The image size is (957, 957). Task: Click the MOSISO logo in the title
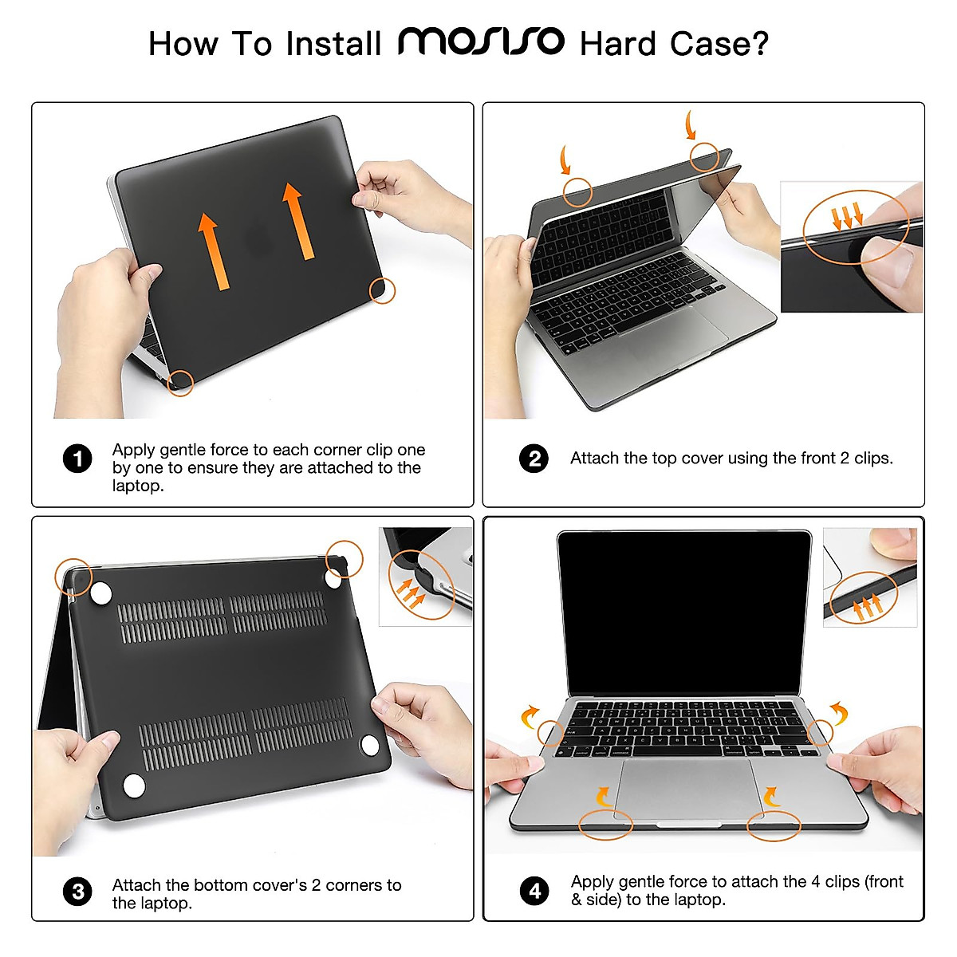click(x=481, y=41)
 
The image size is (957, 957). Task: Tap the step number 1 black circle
click(x=77, y=459)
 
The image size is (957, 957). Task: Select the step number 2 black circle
click(x=534, y=459)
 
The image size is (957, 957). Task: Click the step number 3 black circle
click(x=77, y=891)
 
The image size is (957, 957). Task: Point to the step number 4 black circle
click(x=534, y=891)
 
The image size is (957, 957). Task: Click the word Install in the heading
click(x=333, y=43)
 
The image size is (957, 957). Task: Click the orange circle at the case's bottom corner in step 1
click(x=181, y=384)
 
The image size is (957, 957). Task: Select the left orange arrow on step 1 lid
click(x=212, y=250)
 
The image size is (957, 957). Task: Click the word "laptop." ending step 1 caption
click(x=138, y=486)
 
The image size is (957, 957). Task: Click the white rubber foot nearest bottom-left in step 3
click(x=134, y=786)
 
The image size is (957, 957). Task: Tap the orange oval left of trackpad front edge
click(x=605, y=824)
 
